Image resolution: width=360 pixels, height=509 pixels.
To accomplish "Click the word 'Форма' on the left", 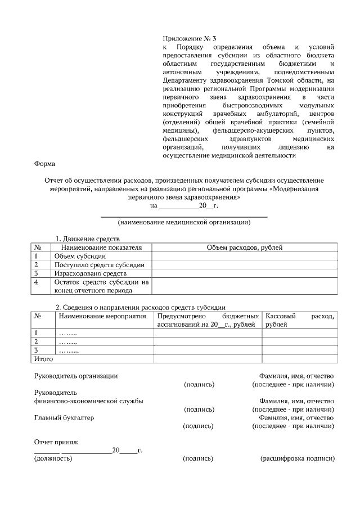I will pyautogui.click(x=45, y=164).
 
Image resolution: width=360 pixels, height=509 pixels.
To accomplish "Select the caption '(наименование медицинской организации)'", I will pyautogui.click(x=184, y=222).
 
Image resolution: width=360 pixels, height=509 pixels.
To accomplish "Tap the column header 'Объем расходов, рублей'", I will pyautogui.click(x=245, y=247).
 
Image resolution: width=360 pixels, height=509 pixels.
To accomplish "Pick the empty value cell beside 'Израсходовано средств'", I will pyautogui.click(x=245, y=273).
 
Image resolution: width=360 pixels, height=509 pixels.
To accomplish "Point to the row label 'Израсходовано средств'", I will pyautogui.click(x=90, y=273).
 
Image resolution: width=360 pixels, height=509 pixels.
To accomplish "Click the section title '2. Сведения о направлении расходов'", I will pyautogui.click(x=140, y=307).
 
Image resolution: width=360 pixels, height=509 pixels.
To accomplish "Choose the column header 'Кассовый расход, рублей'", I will pyautogui.click(x=299, y=320).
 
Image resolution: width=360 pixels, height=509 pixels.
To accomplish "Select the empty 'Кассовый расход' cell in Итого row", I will pyautogui.click(x=299, y=358).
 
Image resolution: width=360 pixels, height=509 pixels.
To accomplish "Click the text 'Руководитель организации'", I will pyautogui.click(x=76, y=376).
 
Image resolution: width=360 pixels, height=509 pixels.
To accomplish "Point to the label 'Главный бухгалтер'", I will pyautogui.click(x=64, y=418).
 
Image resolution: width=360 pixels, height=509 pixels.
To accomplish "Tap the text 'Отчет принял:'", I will pyautogui.click(x=56, y=443).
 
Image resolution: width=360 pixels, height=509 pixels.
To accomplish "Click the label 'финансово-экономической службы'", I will pyautogui.click(x=88, y=401).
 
